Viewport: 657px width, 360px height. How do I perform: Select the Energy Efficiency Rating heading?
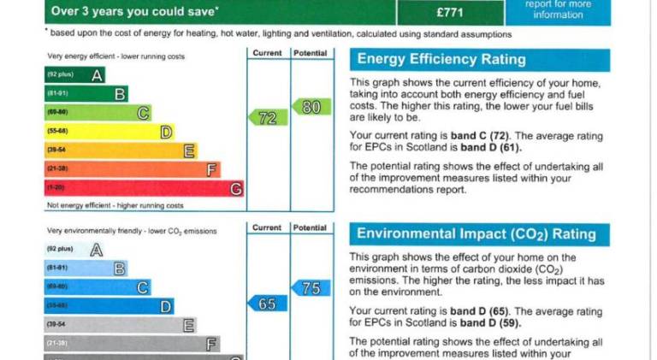point(441,59)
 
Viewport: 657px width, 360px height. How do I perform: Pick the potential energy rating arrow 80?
point(311,107)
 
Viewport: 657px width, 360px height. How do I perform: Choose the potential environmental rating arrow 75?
point(311,288)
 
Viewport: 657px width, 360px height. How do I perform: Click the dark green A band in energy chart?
point(74,75)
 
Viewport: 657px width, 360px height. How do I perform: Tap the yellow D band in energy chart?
point(109,132)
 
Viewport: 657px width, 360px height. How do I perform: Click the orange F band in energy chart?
point(132,169)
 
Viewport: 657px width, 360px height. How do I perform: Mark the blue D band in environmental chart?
point(109,305)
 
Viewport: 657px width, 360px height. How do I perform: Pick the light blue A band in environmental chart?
point(74,250)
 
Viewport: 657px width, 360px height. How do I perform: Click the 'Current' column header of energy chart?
point(267,53)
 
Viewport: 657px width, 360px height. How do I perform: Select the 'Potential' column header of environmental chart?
point(311,227)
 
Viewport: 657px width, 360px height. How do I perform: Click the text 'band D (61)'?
point(491,146)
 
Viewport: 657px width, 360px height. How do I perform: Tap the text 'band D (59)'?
point(491,322)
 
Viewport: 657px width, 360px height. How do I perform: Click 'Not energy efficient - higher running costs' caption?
point(115,206)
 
